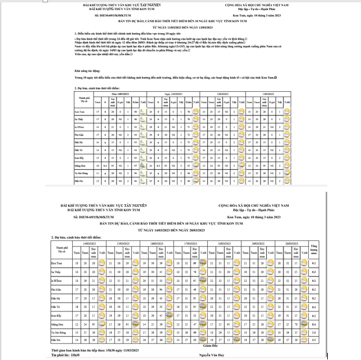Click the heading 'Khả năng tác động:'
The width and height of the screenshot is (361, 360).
tap(89, 70)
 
